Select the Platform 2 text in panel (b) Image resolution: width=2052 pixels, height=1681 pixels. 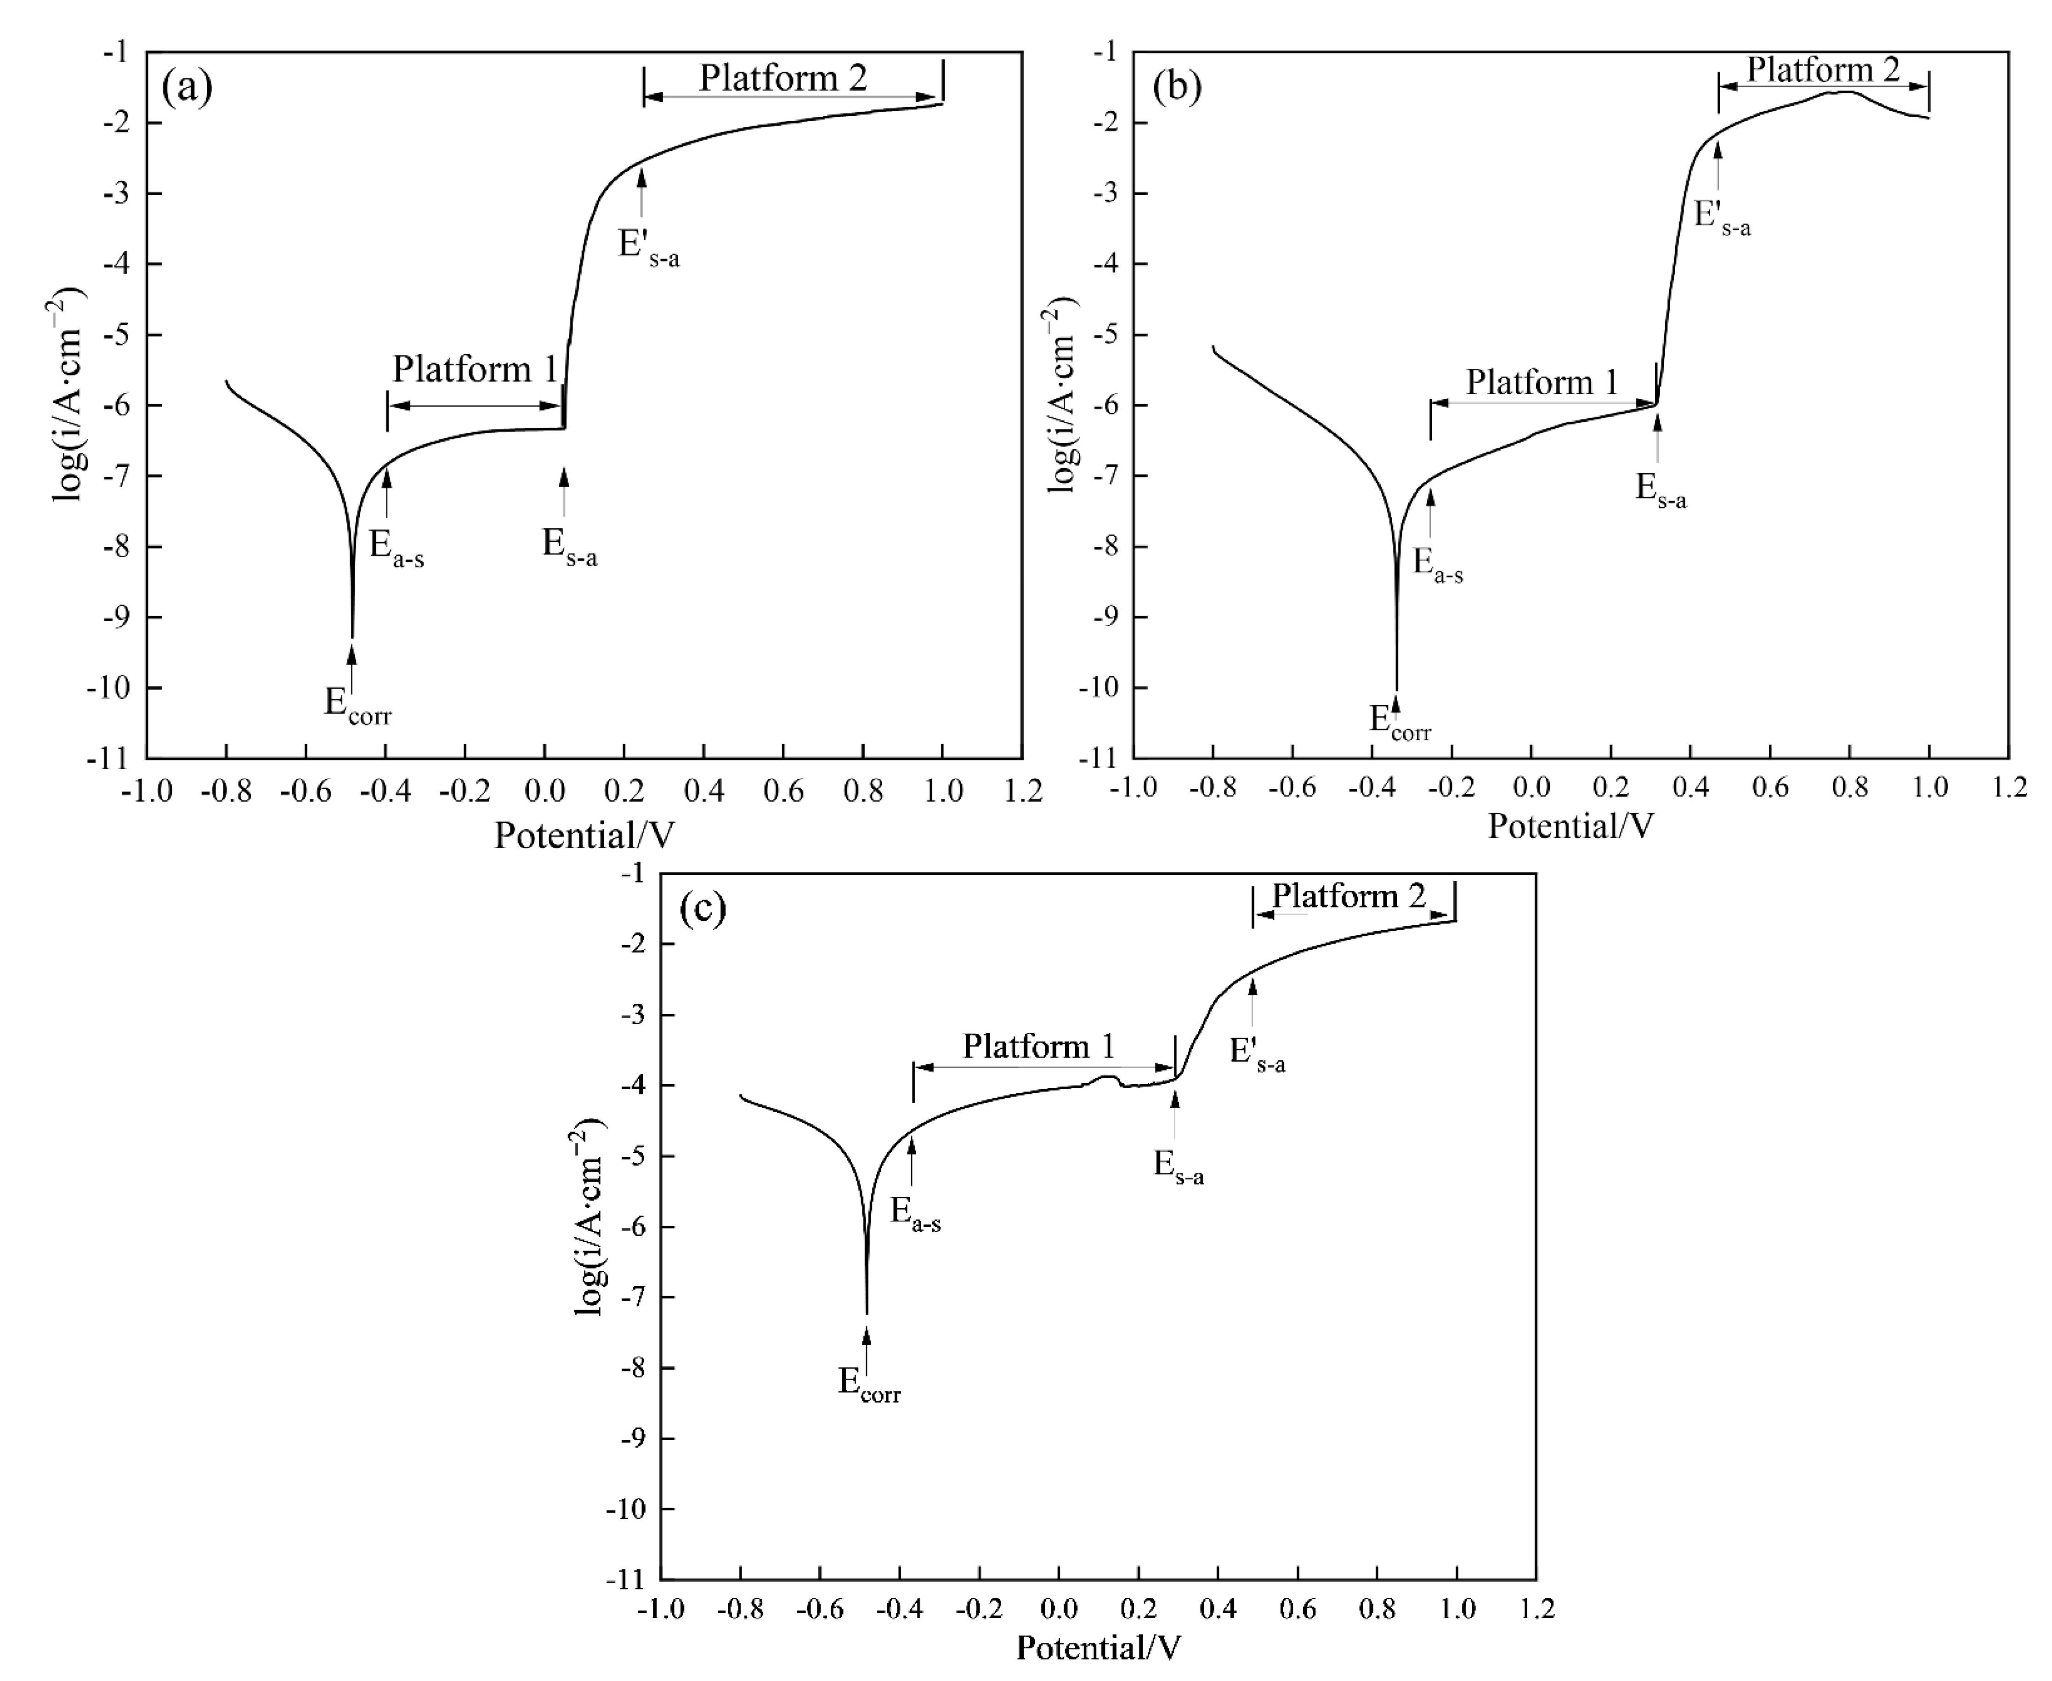1822,70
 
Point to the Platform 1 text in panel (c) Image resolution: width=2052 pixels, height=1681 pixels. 1038,1046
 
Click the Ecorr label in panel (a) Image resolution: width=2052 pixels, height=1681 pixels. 357,704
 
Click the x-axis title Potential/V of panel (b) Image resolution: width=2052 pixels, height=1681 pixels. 1570,825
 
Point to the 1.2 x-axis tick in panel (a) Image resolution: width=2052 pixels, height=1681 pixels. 1022,791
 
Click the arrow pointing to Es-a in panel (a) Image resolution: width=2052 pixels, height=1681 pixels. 565,489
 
